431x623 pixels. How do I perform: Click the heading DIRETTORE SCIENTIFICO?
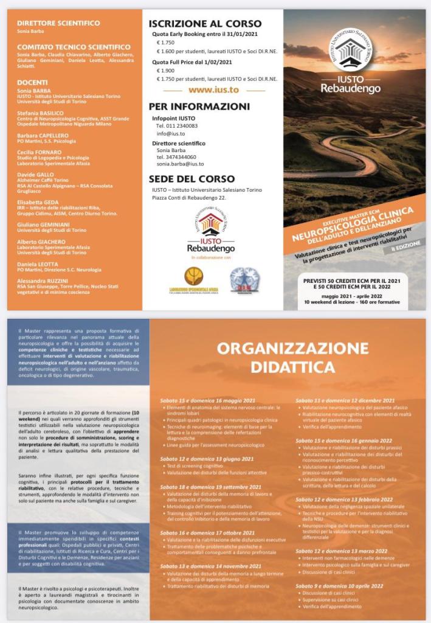[x=58, y=23]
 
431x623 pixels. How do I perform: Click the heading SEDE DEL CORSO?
[x=191, y=179]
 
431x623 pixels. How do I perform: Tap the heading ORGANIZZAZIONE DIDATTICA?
[x=293, y=358]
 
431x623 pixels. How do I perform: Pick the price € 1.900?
[x=166, y=71]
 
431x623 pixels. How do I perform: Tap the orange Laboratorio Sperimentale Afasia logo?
[x=193, y=277]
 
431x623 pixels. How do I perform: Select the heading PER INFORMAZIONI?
[x=199, y=106]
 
